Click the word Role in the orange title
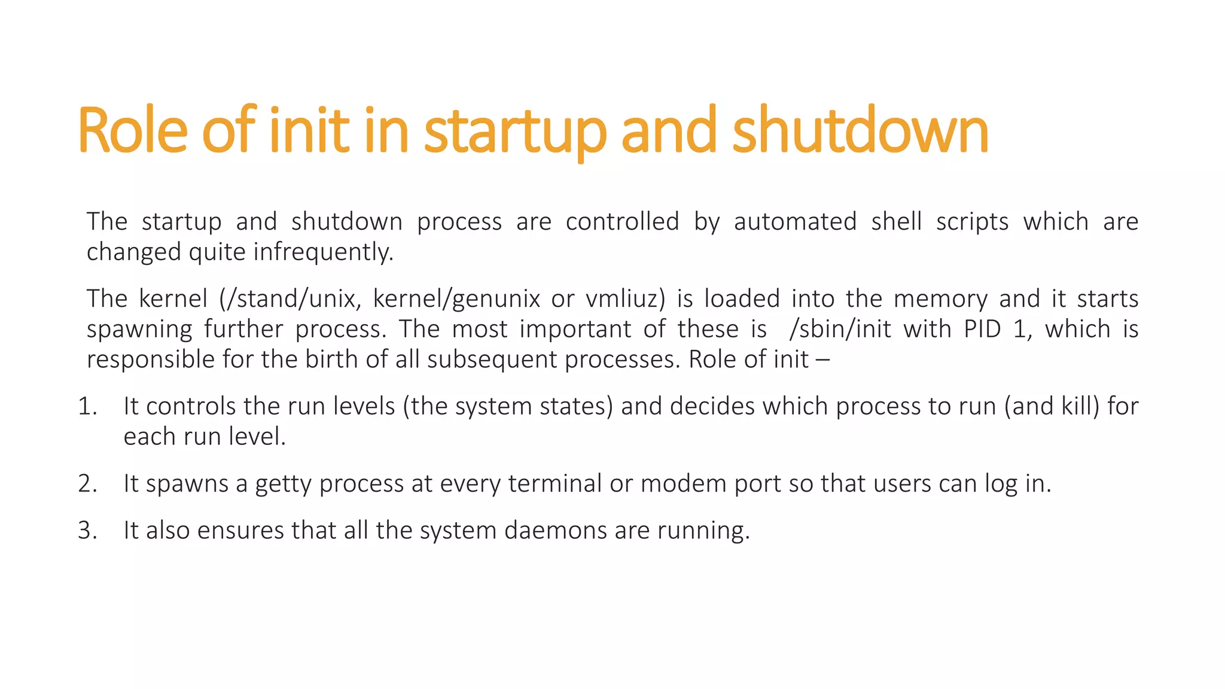pyautogui.click(x=133, y=130)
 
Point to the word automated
pyautogui.click(x=795, y=222)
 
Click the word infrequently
pyautogui.click(x=324, y=252)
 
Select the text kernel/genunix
pyautogui.click(x=456, y=299)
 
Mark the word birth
pyautogui.click(x=327, y=360)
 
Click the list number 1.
pyautogui.click(x=87, y=407)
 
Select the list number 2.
pyautogui.click(x=87, y=484)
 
